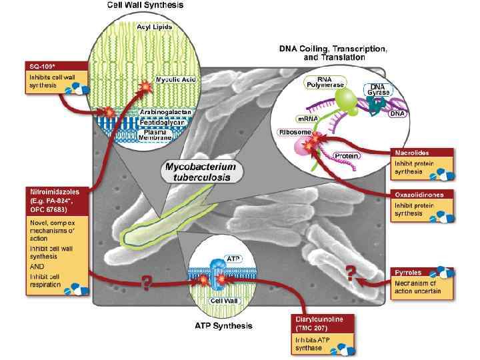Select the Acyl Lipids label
point(154,27)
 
